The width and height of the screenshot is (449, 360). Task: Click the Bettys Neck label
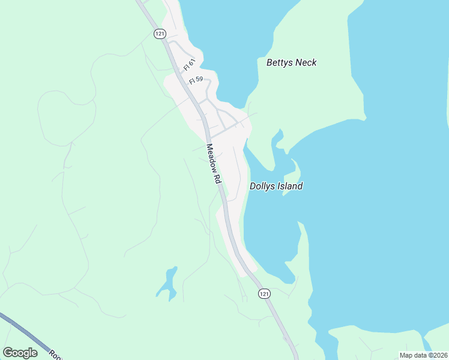[291, 62]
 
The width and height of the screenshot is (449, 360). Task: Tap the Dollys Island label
[276, 186]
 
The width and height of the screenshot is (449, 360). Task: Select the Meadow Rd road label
[214, 163]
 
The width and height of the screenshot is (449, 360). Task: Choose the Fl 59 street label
[196, 80]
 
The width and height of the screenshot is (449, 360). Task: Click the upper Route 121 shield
[159, 34]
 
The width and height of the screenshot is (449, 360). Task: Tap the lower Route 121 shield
[265, 293]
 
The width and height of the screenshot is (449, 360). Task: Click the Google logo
[20, 353]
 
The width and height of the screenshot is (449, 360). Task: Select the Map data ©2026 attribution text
[423, 355]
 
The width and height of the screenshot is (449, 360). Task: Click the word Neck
[306, 62]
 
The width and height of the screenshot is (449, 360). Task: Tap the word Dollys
[262, 186]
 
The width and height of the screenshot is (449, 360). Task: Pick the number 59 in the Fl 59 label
[200, 79]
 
